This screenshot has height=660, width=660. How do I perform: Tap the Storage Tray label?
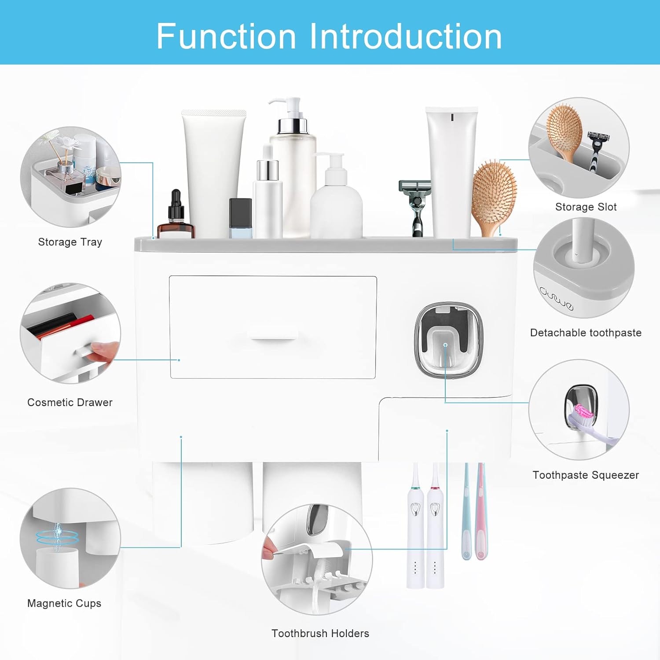(70, 242)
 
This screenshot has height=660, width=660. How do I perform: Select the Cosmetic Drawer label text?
(70, 402)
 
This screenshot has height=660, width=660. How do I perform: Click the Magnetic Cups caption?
(64, 603)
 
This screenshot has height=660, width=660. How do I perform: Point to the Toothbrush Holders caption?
(320, 633)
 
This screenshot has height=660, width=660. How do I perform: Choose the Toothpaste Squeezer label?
(586, 475)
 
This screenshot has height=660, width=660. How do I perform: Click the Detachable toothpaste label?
(586, 333)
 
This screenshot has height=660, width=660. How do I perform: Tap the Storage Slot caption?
(586, 207)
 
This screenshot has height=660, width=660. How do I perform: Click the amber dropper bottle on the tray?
(176, 214)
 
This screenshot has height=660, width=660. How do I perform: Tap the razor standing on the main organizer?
(415, 208)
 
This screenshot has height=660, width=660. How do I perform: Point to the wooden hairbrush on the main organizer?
(494, 197)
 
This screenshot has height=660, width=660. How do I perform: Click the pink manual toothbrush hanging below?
(481, 511)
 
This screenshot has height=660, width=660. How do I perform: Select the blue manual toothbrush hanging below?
(466, 511)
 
